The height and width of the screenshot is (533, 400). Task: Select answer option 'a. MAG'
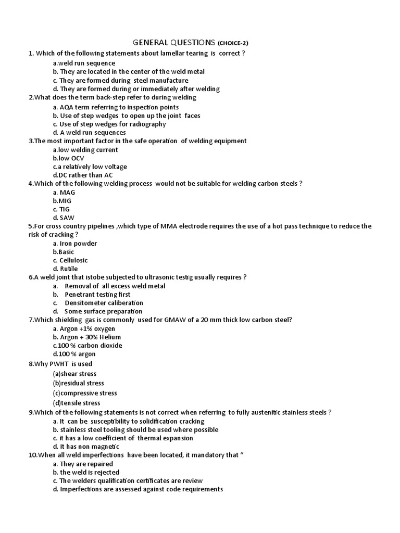point(64,192)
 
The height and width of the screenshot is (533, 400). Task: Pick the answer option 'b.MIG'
point(61,200)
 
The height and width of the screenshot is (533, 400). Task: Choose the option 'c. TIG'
point(61,209)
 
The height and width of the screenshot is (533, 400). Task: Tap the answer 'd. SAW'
point(62,218)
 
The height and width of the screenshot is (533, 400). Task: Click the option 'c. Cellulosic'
point(70,260)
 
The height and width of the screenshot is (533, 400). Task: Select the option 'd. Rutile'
point(65,269)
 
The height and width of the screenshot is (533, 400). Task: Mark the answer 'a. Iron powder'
point(75,243)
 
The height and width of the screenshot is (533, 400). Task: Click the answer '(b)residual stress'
point(78,383)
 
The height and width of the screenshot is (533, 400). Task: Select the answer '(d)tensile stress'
point(76,403)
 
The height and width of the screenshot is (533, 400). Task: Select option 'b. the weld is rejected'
point(86,472)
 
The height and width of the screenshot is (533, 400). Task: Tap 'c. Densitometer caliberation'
point(98,303)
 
